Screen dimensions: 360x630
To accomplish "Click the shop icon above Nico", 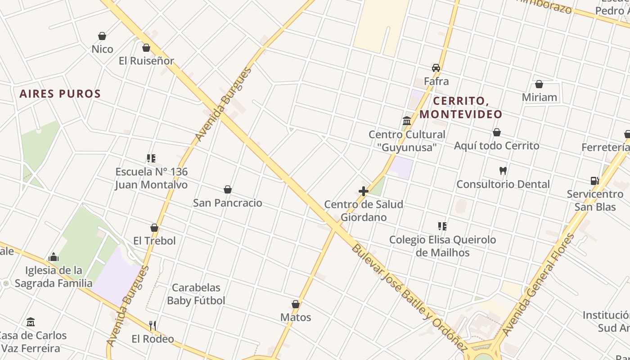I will (102, 36).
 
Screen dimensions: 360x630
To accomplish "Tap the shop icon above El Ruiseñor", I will (146, 48).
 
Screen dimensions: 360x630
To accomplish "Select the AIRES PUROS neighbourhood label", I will (60, 94).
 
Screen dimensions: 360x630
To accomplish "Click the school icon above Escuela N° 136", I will (151, 158).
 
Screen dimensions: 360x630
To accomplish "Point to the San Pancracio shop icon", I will (228, 189).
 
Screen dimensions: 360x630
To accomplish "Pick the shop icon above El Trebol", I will (154, 228).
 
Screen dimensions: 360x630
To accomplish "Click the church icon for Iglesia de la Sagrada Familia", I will (54, 257).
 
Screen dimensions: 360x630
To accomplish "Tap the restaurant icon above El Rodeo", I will (153, 325).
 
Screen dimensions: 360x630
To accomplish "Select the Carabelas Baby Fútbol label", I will (196, 294).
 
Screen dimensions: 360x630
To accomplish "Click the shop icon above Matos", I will (296, 305).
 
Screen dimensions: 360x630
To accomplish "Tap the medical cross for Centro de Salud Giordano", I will (364, 191).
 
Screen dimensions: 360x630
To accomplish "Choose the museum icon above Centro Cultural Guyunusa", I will (407, 121).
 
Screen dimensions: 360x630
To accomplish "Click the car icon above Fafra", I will (436, 68).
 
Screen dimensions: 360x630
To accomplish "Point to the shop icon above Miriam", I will (539, 84).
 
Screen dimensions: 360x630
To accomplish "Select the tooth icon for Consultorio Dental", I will (503, 171).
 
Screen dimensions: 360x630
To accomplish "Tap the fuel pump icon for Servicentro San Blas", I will (594, 181).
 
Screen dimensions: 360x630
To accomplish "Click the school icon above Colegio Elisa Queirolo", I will (442, 226).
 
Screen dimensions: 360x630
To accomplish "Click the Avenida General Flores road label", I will (539, 284).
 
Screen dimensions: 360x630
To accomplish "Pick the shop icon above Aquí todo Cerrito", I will (497, 132).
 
